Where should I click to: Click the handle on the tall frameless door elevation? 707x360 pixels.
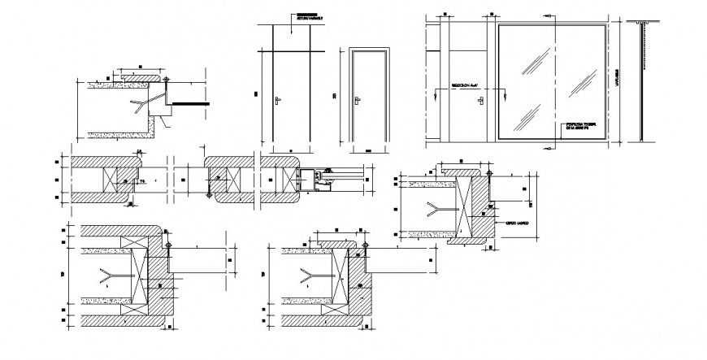coord(279,100)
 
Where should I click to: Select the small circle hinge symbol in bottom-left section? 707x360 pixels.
coord(168,245)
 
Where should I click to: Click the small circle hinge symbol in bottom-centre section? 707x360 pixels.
coord(365,245)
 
